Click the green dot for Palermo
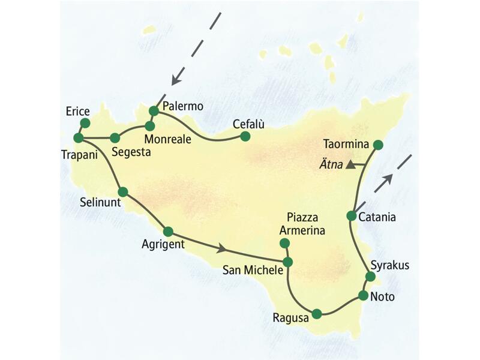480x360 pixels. point(154,111)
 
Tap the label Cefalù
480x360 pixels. point(248,124)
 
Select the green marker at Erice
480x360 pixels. point(85,122)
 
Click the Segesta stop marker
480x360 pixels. point(115,138)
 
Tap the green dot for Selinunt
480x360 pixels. point(123,192)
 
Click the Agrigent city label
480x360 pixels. point(163,245)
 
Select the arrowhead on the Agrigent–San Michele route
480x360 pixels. point(223,248)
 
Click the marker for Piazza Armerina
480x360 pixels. point(285,243)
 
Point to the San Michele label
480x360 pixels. point(252,270)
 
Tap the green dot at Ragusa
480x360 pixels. point(317,313)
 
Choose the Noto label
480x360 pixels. point(383,296)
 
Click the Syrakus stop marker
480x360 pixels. point(370,277)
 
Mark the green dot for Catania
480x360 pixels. point(352,215)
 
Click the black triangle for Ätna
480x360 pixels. point(350,164)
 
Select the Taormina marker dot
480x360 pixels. point(378,145)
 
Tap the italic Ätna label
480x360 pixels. point(331,164)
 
